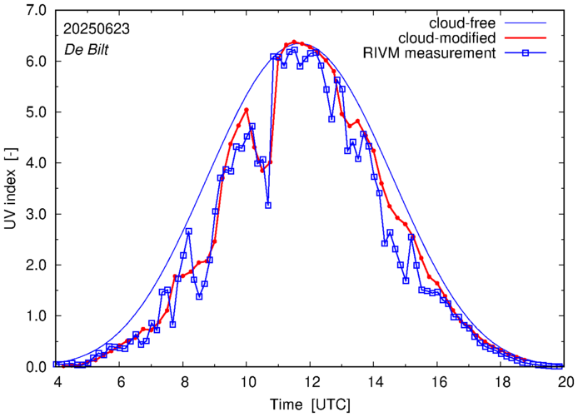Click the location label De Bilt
[87, 49]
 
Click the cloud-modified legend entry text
[448, 37]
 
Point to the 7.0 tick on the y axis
[34, 11]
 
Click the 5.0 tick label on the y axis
[34, 112]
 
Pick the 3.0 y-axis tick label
[34, 214]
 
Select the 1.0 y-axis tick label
[34, 315]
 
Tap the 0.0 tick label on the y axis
[34, 367]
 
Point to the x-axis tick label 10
[247, 382]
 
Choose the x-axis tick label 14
[375, 382]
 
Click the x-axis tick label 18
[502, 382]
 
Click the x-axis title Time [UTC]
[310, 404]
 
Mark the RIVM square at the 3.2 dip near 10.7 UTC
[268, 205]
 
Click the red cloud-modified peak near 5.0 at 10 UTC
[247, 110]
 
